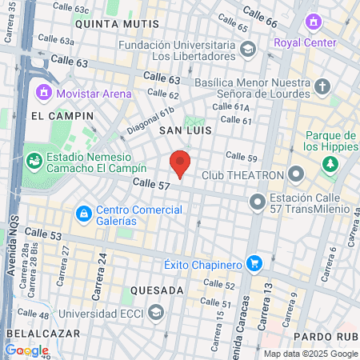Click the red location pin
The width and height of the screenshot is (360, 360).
(181, 162)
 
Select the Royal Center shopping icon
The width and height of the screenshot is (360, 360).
(314, 22)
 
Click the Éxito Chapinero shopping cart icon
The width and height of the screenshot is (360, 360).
(254, 262)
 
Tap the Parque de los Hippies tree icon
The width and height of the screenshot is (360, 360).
(329, 164)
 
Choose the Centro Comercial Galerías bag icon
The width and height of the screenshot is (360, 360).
(83, 214)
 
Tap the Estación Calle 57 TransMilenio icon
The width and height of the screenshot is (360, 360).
(257, 202)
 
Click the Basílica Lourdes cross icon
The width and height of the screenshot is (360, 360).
(322, 86)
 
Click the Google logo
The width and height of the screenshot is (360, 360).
(26, 350)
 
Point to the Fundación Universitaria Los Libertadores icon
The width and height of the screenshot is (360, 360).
(248, 50)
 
